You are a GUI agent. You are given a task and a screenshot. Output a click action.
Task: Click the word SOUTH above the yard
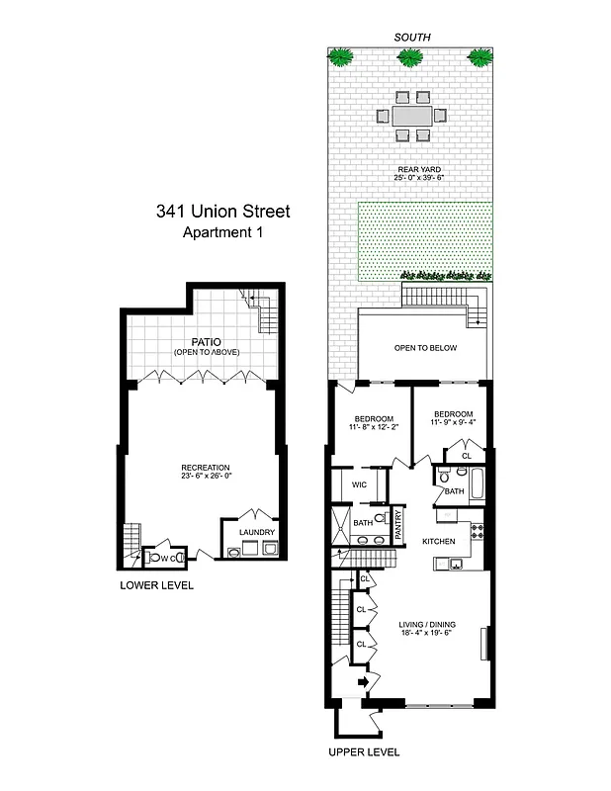point(411,37)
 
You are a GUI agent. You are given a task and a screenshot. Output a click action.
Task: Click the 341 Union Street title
point(222,211)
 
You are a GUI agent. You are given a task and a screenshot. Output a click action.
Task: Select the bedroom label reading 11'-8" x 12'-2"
point(374,422)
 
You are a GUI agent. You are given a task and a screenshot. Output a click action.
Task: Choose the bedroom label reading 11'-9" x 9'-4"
point(452,418)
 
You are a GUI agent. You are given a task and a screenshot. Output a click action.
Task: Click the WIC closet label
point(360,484)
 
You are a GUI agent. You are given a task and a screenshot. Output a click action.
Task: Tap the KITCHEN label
point(438,542)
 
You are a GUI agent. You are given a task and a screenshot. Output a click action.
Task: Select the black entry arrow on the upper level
point(363,681)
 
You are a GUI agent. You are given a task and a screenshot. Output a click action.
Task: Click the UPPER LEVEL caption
point(364,752)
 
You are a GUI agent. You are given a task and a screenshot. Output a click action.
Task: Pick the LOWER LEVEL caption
point(156,585)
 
